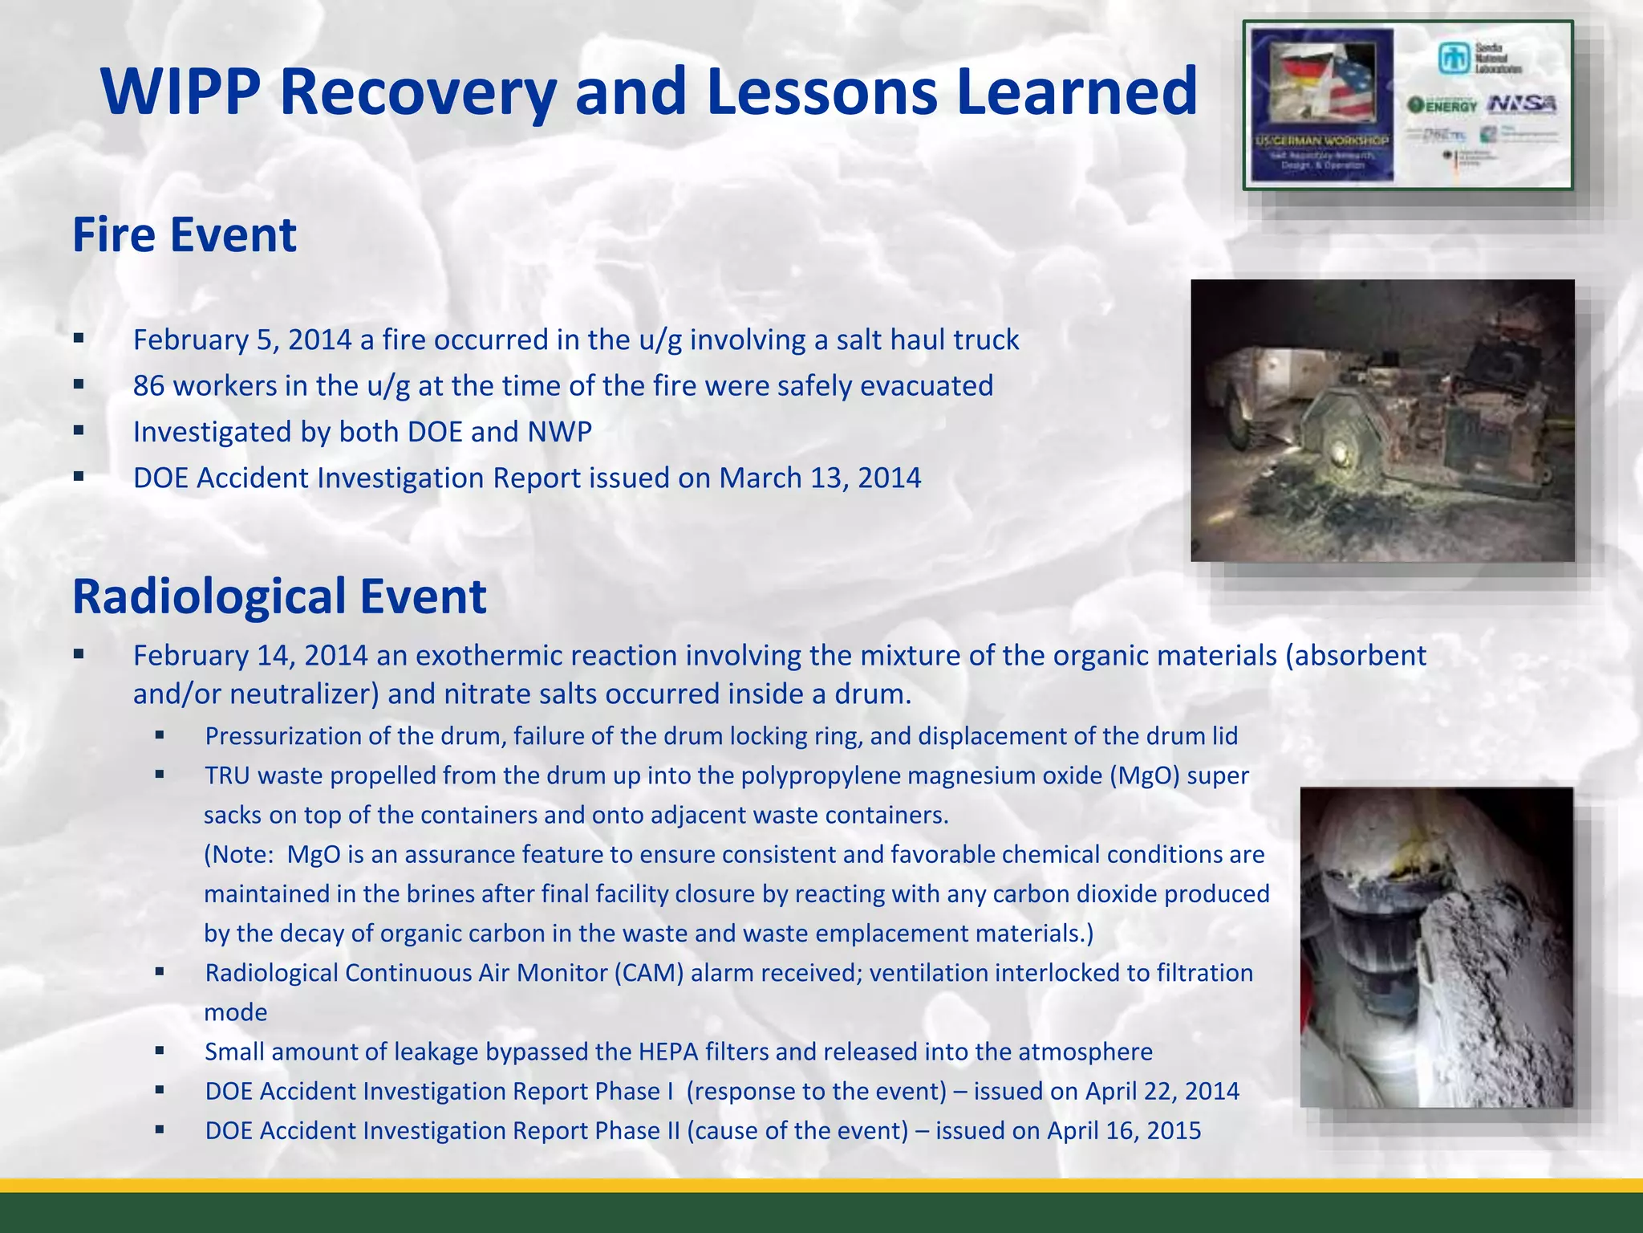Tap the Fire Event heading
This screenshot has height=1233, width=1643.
[x=185, y=235]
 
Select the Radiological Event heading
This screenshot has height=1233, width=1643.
[x=279, y=596]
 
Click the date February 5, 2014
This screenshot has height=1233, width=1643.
[x=242, y=340]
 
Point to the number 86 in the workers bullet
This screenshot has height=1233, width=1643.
[x=149, y=386]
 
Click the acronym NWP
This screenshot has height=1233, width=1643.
[x=559, y=432]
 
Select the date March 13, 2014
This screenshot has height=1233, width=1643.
[x=820, y=478]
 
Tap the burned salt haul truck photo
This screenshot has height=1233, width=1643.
[x=1381, y=420]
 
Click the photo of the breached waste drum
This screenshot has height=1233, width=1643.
[x=1436, y=947]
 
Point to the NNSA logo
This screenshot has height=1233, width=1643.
[x=1522, y=104]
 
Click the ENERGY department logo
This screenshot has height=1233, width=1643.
[x=1442, y=105]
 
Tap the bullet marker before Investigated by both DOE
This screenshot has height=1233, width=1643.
[x=79, y=431]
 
